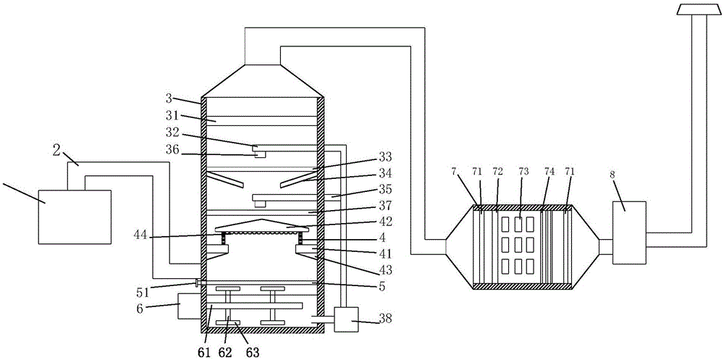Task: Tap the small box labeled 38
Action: (346, 319)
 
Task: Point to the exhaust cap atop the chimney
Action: (694, 9)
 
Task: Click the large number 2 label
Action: (56, 151)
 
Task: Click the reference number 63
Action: (253, 353)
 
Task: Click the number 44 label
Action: (143, 235)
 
